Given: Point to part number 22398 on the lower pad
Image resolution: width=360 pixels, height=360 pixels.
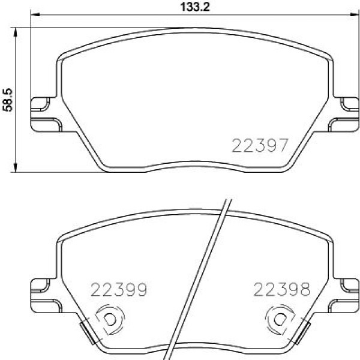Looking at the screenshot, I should click(x=281, y=291).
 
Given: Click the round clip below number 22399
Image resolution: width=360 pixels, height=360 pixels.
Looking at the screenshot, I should click(x=109, y=320).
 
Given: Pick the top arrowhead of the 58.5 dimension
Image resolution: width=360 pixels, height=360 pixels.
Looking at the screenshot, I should click(x=15, y=30).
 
